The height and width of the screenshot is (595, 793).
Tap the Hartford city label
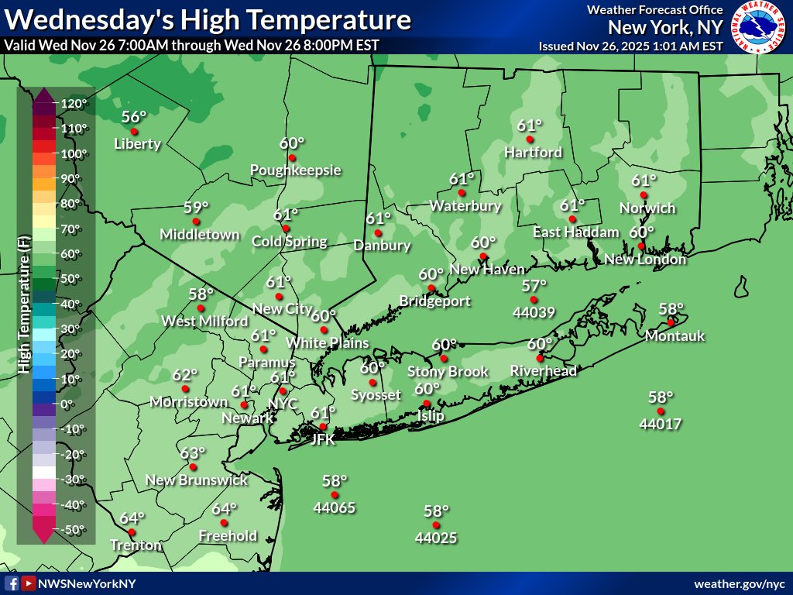coord(533,153)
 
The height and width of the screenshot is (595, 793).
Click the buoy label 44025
coord(435,537)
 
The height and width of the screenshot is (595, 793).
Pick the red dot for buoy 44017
coord(661,411)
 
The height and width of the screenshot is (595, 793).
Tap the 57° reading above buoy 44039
coord(534,286)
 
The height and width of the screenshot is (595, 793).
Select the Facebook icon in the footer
coord(12,583)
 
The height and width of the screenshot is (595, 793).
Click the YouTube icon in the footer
coord(28,583)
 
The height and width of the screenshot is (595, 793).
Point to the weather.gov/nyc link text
coord(740,583)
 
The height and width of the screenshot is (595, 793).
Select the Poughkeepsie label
coord(295,170)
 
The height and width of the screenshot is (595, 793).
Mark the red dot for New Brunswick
coord(193,467)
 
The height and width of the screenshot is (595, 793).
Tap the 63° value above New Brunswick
coord(192,453)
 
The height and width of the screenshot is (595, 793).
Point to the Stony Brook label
coord(448,371)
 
